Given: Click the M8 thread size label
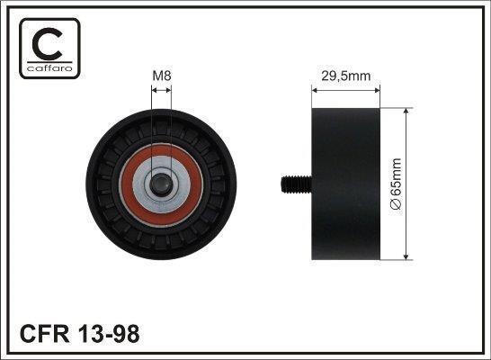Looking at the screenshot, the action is coord(162,76).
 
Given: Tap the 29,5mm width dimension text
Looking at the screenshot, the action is coord(345,76).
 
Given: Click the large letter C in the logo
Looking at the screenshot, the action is coord(48,44).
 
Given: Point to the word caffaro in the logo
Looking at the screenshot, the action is coord(49,68).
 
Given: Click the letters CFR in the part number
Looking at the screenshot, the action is coord(44,334).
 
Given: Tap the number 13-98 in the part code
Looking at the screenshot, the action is coord(109,334).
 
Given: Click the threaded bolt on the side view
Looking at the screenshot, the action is coord(296,184).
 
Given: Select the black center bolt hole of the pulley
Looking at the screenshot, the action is coord(161,184).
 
